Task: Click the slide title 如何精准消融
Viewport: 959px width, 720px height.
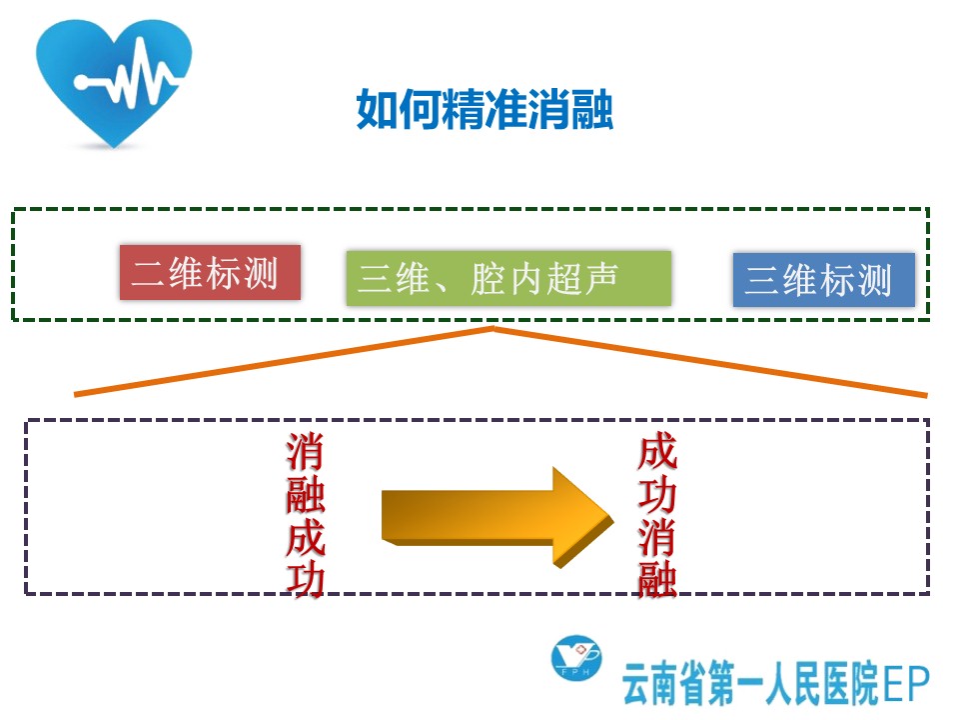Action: [484, 110]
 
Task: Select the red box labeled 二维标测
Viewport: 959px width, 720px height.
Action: [210, 272]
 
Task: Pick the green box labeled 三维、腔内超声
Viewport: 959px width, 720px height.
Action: [508, 278]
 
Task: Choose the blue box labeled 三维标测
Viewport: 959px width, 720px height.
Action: [824, 280]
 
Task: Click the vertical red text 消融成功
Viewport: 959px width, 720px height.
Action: [306, 514]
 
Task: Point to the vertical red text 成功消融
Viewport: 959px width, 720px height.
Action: [657, 514]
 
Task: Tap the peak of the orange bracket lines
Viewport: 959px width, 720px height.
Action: [492, 329]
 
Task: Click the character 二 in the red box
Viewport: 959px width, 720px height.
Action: [148, 273]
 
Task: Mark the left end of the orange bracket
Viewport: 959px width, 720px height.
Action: [75, 395]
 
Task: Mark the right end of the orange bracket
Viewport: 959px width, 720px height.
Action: [927, 396]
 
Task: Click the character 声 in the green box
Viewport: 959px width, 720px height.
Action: [600, 279]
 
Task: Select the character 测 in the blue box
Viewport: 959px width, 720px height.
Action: [874, 280]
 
